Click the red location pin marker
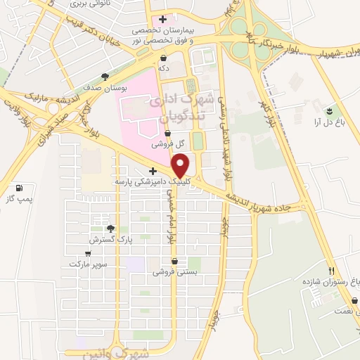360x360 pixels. point(181,167)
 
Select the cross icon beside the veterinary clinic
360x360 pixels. point(153,171)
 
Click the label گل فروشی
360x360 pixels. point(169,143)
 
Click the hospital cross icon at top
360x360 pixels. point(163,20)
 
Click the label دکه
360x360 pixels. point(164,68)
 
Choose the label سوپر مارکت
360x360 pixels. point(87,264)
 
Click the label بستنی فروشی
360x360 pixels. point(175,271)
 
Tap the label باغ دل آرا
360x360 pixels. point(328,122)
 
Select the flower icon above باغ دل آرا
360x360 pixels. point(328,110)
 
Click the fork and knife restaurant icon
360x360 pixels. point(330,270)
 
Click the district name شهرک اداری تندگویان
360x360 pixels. point(177,106)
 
